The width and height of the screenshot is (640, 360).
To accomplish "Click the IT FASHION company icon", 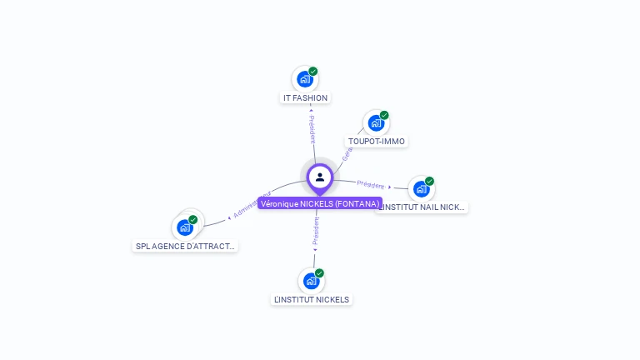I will coord(305,79).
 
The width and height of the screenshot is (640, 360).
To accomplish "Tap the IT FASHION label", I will coord(305,97).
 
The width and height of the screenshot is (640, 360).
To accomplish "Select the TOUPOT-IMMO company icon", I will coord(376,123).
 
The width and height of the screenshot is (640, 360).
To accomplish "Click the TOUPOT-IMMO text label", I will coord(377,141).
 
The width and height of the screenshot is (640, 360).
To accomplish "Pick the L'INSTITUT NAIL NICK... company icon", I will coord(421,188).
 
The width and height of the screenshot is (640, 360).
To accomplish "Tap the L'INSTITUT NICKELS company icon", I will coord(312,281).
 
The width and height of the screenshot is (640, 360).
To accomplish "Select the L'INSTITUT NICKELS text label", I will coord(312,299).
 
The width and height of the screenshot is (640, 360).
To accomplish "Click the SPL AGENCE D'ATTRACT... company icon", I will coord(185,227).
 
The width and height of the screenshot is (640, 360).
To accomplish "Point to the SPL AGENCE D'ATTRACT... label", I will coord(186,246).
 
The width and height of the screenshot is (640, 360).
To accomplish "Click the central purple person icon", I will coord(320,177).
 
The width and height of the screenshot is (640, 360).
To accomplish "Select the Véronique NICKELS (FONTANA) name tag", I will coord(319,203).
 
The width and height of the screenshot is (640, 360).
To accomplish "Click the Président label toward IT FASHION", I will coord(312,129).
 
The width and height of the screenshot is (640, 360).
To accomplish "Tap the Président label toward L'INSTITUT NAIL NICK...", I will coord(371,184).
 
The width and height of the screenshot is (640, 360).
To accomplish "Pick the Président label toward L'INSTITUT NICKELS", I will coord(316,232).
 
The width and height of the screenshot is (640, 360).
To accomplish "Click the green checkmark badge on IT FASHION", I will coord(313,72).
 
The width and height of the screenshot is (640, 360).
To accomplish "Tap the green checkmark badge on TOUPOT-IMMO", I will coord(384,115).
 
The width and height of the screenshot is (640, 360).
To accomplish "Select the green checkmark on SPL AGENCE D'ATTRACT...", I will coord(193,220).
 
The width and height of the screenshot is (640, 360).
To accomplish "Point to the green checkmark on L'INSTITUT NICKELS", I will coord(319,273).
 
